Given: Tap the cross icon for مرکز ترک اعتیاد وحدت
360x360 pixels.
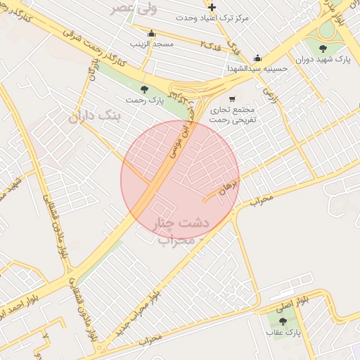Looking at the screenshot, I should tap(212, 7).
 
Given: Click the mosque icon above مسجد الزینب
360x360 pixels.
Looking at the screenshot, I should tap(151, 33).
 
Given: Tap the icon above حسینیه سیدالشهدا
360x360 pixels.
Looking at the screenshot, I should tap(257, 58).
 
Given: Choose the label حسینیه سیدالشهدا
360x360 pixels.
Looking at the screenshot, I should tap(257, 69).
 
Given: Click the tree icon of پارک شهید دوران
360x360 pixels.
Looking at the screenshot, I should tap(323, 49).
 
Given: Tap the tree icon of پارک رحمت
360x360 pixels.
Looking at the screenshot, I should tap(144, 89).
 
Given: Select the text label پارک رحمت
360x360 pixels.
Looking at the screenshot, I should tap(144, 100).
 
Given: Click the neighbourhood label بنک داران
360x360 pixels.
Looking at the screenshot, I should tap(96, 116).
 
